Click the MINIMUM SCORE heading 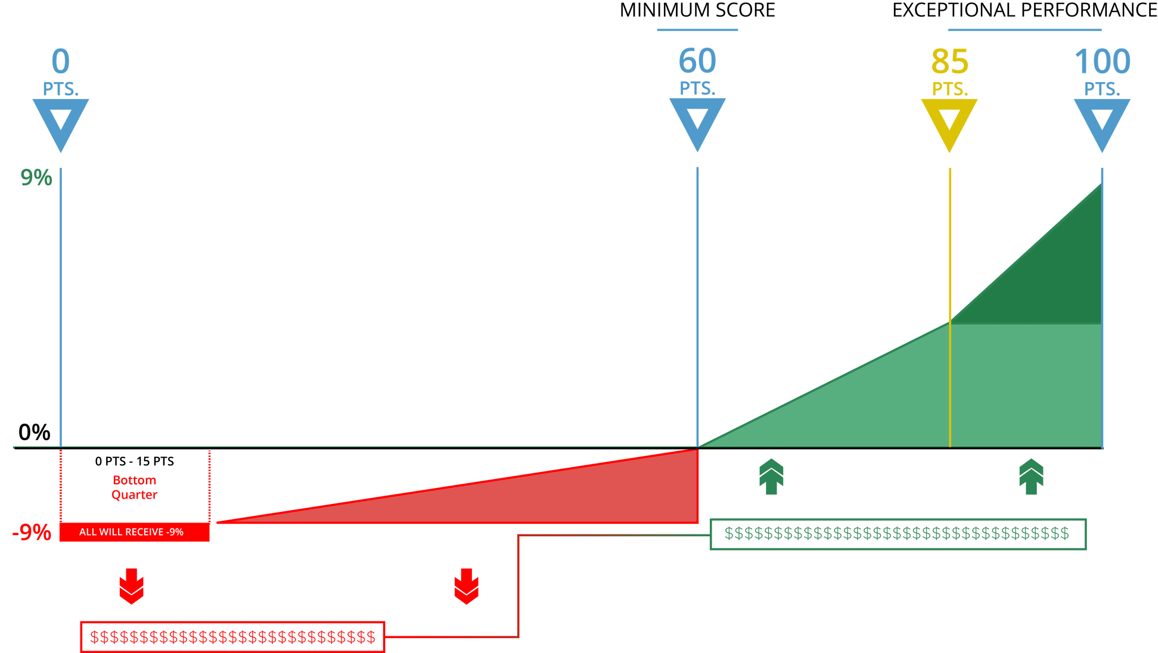(697, 11)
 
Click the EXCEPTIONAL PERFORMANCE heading (1024, 11)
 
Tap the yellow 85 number (949, 61)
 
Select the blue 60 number (697, 61)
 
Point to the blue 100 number (1102, 61)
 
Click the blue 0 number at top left (60, 61)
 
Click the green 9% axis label (36, 178)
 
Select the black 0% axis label (34, 433)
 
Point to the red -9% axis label (32, 532)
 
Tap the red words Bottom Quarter (134, 487)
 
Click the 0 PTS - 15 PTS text (134, 461)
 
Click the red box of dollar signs (232, 637)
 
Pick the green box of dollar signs (898, 533)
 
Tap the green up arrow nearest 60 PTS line (771, 477)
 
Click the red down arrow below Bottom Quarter (131, 586)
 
